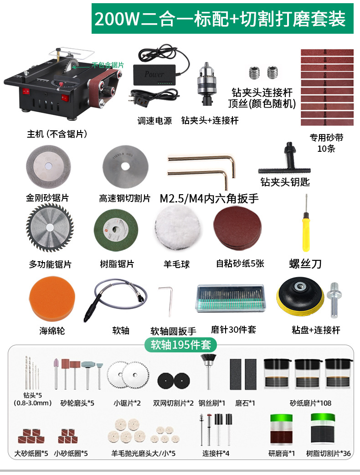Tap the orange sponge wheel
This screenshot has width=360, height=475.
pos(51,299)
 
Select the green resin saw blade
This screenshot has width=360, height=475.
pos(116,231)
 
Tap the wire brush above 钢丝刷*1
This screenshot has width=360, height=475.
pos(208,372)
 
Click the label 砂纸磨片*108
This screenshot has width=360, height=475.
pos(310,403)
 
